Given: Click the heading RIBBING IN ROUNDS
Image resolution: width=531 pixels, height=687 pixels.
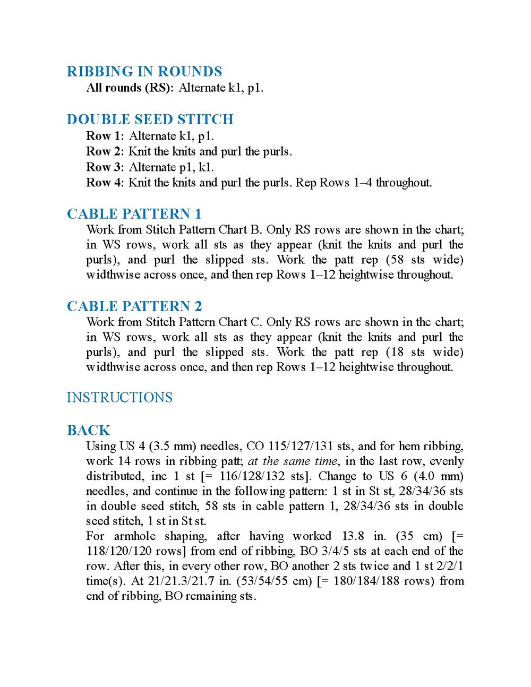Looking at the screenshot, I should [144, 72].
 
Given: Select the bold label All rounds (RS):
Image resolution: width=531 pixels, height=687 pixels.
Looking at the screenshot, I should [130, 88].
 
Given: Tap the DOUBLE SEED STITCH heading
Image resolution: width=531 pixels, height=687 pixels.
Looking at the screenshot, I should [150, 119].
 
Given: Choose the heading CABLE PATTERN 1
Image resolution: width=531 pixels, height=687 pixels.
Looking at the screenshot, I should [134, 214].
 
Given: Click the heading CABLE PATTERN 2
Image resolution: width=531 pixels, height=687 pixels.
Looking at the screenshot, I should [134, 306].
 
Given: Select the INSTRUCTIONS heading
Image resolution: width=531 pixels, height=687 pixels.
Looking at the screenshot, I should [119, 398].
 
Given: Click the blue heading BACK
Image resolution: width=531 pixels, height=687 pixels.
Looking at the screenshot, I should [89, 431].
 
